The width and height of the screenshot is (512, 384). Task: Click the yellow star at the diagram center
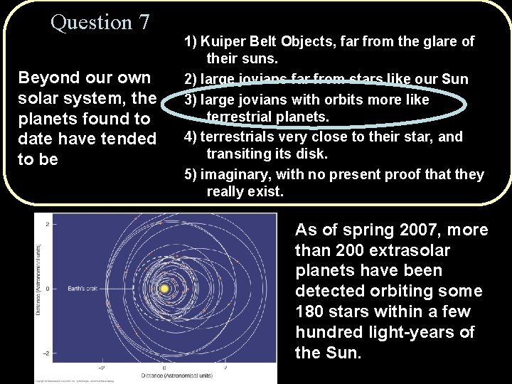pos(164,289)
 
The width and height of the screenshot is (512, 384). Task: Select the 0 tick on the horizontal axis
pos(164,368)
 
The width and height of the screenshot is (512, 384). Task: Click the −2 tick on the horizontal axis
pos(102,368)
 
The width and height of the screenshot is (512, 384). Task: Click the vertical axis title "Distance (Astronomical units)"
pos(39,288)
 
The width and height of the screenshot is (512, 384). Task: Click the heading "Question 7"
pos(100,22)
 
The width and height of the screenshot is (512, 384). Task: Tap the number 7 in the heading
pos(144,22)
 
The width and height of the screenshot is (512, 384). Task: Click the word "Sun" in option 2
pos(454,78)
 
